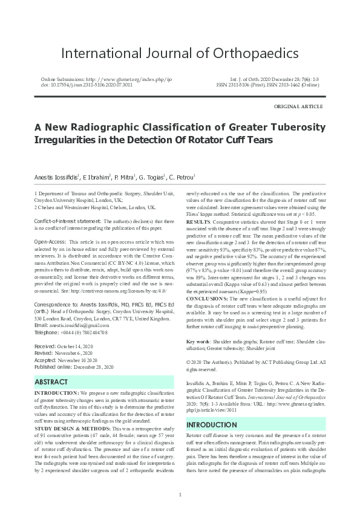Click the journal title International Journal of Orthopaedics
(x=180, y=53)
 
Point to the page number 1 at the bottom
(x=180, y=495)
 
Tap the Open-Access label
(x=50, y=241)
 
